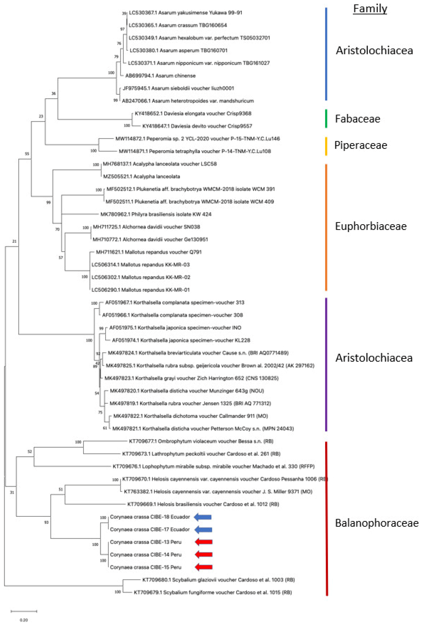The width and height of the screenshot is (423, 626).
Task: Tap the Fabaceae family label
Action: coord(357,119)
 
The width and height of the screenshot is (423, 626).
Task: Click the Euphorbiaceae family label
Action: coord(371,226)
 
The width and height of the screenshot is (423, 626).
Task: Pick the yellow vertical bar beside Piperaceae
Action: coord(326,146)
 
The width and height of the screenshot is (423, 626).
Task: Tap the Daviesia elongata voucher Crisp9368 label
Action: coord(193,113)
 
